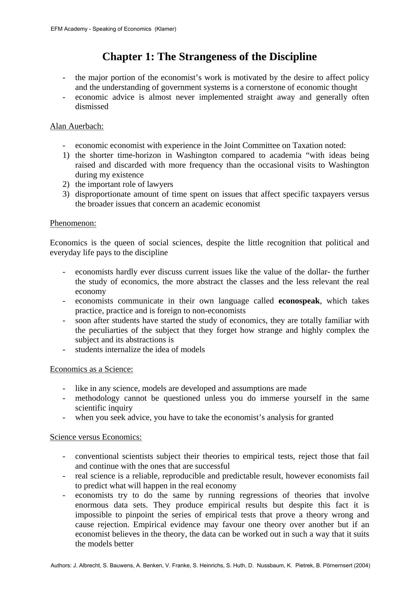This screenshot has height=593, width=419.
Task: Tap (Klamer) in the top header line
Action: click(x=165, y=29)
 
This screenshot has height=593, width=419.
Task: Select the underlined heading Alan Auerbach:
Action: click(x=77, y=126)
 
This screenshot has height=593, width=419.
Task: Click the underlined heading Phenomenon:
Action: click(x=73, y=223)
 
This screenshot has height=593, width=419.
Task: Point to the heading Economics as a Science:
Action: click(x=91, y=369)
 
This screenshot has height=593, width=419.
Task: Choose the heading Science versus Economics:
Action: click(x=96, y=437)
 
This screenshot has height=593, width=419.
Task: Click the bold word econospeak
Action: click(x=299, y=301)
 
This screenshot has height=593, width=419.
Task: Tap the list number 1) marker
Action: click(x=66, y=155)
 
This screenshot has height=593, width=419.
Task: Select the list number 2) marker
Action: click(x=66, y=184)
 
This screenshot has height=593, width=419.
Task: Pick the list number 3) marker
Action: click(x=66, y=194)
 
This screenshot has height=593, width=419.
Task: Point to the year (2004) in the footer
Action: click(x=362, y=565)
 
